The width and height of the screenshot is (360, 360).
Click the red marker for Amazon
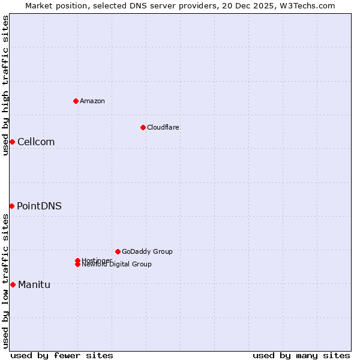[76, 101]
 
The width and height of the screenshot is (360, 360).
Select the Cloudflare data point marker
[143, 127]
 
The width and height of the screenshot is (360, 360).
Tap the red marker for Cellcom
[12, 142]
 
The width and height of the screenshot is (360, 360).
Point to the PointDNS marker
[11, 206]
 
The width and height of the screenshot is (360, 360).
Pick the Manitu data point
[13, 284]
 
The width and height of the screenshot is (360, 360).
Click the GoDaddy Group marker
[118, 251]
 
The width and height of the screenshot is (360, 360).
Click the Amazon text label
[92, 101]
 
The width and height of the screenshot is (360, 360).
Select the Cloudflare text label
[163, 127]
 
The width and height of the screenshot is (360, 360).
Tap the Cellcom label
[36, 142]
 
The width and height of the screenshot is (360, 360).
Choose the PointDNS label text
[39, 206]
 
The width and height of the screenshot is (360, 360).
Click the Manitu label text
[34, 284]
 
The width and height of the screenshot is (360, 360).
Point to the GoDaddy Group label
[147, 251]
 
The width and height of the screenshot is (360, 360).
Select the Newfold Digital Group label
[117, 264]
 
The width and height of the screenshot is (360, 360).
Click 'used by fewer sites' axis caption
[62, 355]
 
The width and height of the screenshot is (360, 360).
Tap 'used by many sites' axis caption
[301, 355]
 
